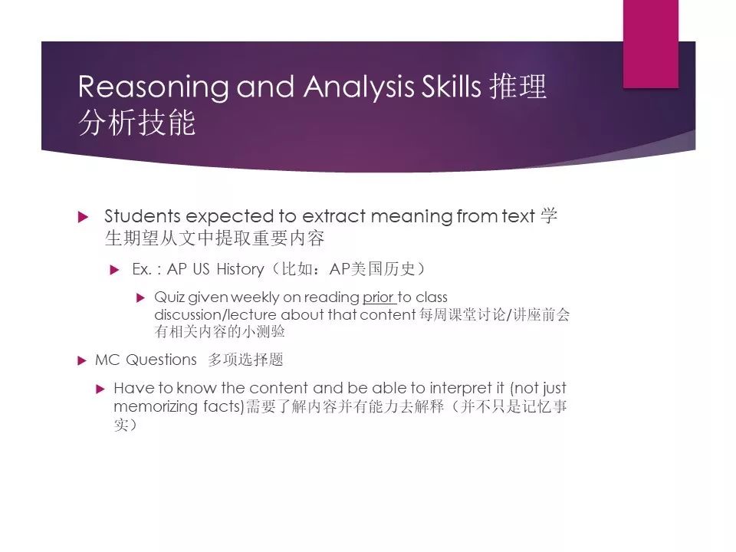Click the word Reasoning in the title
(x=153, y=87)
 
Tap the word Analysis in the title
(x=359, y=87)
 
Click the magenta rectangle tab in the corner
(x=651, y=44)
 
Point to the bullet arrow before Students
(x=83, y=217)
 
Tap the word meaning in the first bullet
(x=411, y=217)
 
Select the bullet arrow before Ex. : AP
(x=114, y=270)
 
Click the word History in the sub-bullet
(x=240, y=269)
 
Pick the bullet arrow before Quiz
(x=140, y=297)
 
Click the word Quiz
(x=169, y=297)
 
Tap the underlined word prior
(x=378, y=297)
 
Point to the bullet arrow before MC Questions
(x=82, y=360)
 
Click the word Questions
(x=162, y=360)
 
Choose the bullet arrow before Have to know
(x=100, y=389)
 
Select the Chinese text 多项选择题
(x=245, y=360)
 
